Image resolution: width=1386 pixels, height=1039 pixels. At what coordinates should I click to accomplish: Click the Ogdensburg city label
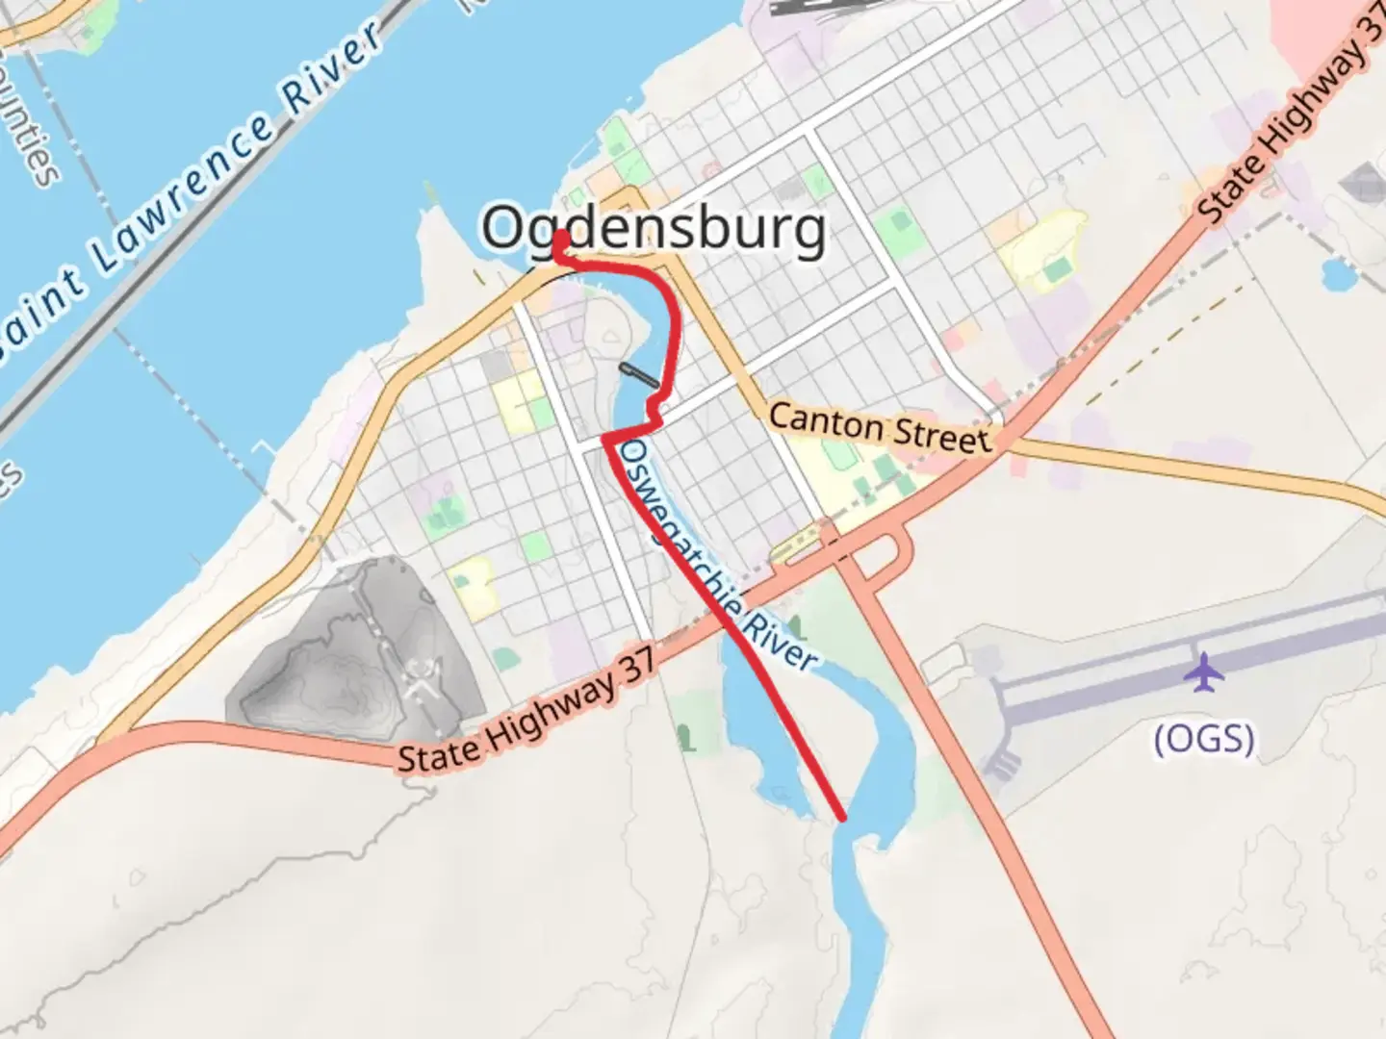click(654, 229)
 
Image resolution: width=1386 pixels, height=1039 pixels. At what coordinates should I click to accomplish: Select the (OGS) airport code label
click(1204, 739)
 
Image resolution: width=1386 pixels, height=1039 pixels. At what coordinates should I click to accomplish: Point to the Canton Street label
click(879, 427)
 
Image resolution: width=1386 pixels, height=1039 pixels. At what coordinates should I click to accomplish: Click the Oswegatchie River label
click(718, 556)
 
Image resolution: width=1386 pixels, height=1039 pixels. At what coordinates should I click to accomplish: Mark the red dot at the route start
click(560, 238)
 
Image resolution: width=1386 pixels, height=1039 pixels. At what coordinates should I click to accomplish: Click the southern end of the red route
click(842, 818)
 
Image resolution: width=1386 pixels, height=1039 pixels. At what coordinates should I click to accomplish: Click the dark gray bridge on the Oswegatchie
click(640, 375)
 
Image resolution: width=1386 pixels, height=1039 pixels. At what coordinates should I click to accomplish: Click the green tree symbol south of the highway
click(684, 738)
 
